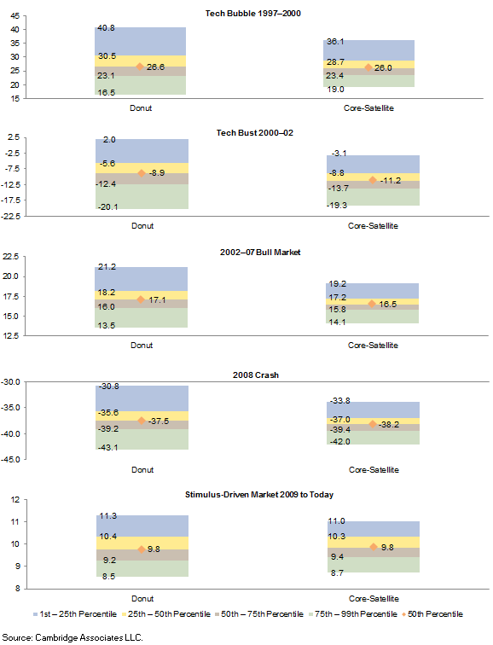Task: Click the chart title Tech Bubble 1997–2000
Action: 252,13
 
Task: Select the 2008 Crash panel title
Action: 256,375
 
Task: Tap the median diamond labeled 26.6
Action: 140,67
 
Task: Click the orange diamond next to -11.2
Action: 373,180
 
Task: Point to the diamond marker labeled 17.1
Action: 141,299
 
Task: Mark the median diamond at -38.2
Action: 373,424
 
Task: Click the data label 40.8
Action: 106,28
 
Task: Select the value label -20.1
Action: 107,207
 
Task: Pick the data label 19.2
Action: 338,284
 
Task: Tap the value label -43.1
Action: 108,447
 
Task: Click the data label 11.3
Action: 108,516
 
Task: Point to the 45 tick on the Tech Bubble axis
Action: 15,16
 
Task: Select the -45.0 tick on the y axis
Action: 10,460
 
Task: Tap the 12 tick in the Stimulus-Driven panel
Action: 15,500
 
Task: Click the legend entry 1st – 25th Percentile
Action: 75,614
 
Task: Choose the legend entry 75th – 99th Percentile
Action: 353,614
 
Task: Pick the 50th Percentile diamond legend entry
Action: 432,614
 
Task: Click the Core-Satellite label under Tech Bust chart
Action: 373,226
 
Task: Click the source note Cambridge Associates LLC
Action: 89,637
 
